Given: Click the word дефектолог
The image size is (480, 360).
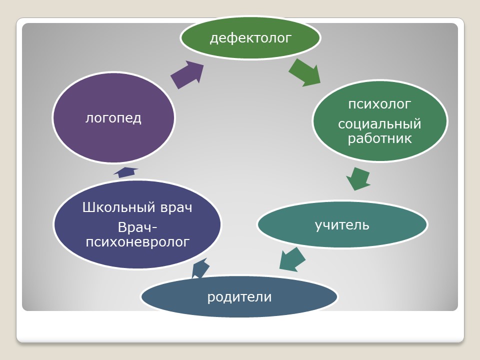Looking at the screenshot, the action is click(x=250, y=38).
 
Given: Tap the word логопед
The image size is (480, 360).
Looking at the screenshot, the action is click(x=113, y=118).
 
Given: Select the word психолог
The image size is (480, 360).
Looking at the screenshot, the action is click(x=379, y=104).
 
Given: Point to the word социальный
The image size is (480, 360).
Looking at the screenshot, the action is click(x=379, y=124).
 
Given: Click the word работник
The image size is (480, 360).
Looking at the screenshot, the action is click(x=379, y=138).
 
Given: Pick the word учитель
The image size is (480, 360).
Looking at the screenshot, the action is click(x=342, y=225).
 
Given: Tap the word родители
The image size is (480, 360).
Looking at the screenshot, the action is click(x=239, y=297).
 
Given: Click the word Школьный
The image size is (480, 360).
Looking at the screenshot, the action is click(x=119, y=207).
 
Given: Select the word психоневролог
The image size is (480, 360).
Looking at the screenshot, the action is click(x=137, y=242).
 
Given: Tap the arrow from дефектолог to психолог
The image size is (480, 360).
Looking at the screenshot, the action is click(x=304, y=72).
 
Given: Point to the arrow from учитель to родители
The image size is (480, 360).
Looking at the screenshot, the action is click(x=292, y=259).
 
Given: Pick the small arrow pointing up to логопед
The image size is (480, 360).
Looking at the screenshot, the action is click(x=125, y=172).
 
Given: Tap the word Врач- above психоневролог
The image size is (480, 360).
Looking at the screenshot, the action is click(x=137, y=227).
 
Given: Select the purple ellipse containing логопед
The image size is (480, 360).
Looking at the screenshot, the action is click(x=113, y=117).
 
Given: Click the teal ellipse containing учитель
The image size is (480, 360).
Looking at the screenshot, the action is click(x=342, y=224).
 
